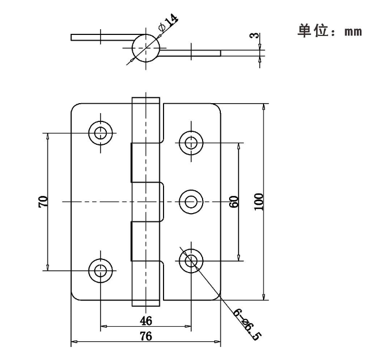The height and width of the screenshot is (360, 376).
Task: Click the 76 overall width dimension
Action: click(146, 337)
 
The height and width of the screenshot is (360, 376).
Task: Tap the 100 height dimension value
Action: click(259, 201)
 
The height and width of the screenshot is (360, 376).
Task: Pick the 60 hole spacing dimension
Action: click(233, 201)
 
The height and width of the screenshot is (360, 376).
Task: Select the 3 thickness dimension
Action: click(253, 36)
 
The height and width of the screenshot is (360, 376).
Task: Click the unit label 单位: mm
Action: click(329, 31)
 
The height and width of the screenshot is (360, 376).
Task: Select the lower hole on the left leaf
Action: click(101, 269)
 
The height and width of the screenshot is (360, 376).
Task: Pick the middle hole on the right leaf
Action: click(191, 201)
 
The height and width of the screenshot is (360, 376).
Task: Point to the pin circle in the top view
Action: click(145, 47)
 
